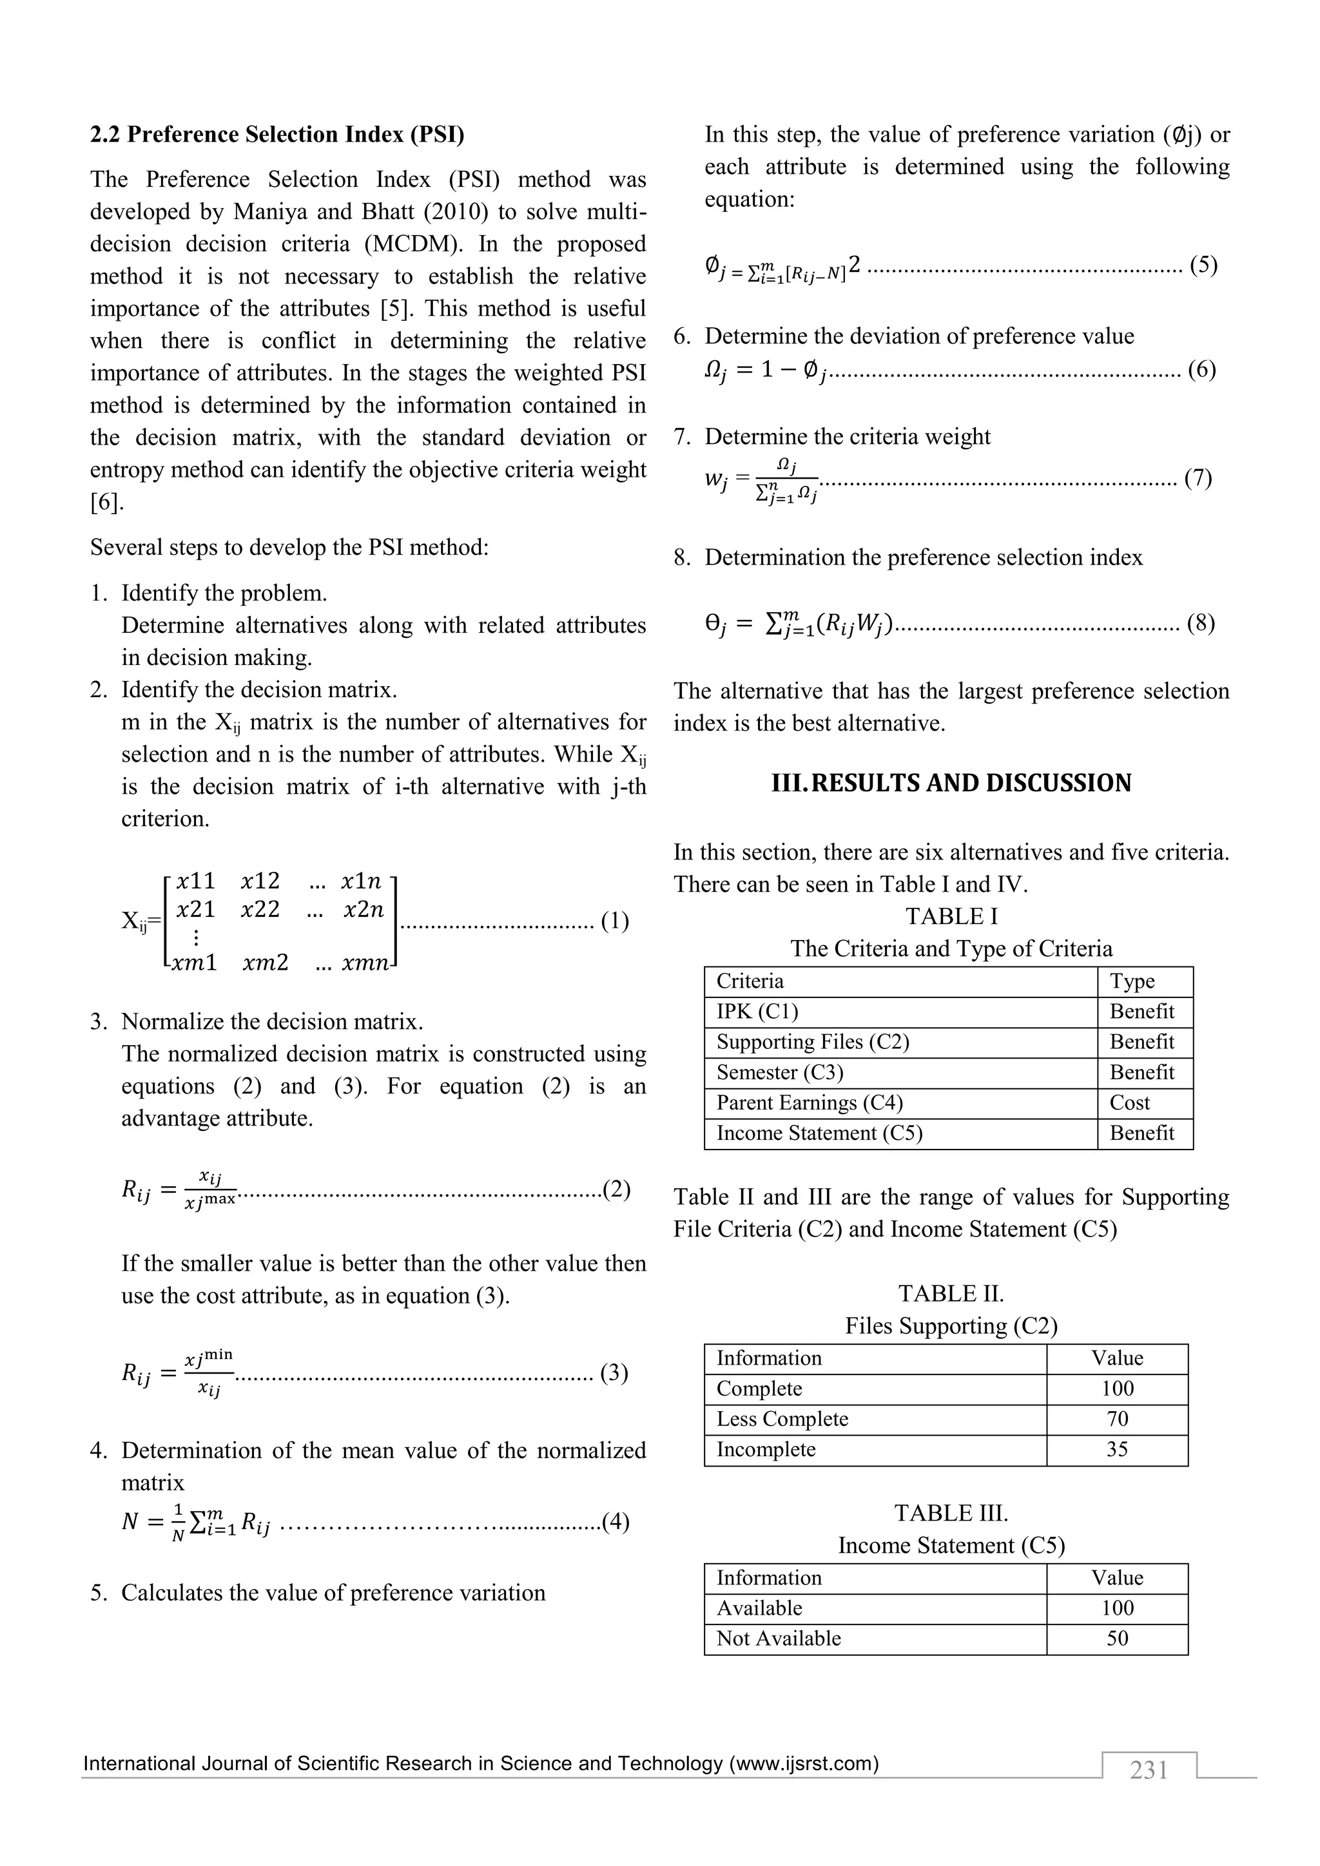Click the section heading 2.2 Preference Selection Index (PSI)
[277, 134]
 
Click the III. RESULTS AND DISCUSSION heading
[951, 784]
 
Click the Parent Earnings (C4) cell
[809, 1103]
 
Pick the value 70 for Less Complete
[1117, 1419]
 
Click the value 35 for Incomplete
[1117, 1449]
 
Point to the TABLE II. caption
[951, 1294]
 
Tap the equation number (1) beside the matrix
[614, 921]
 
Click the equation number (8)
[1201, 624]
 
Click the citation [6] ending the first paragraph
[106, 502]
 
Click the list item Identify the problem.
[224, 593]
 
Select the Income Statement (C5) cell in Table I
[819, 1134]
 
